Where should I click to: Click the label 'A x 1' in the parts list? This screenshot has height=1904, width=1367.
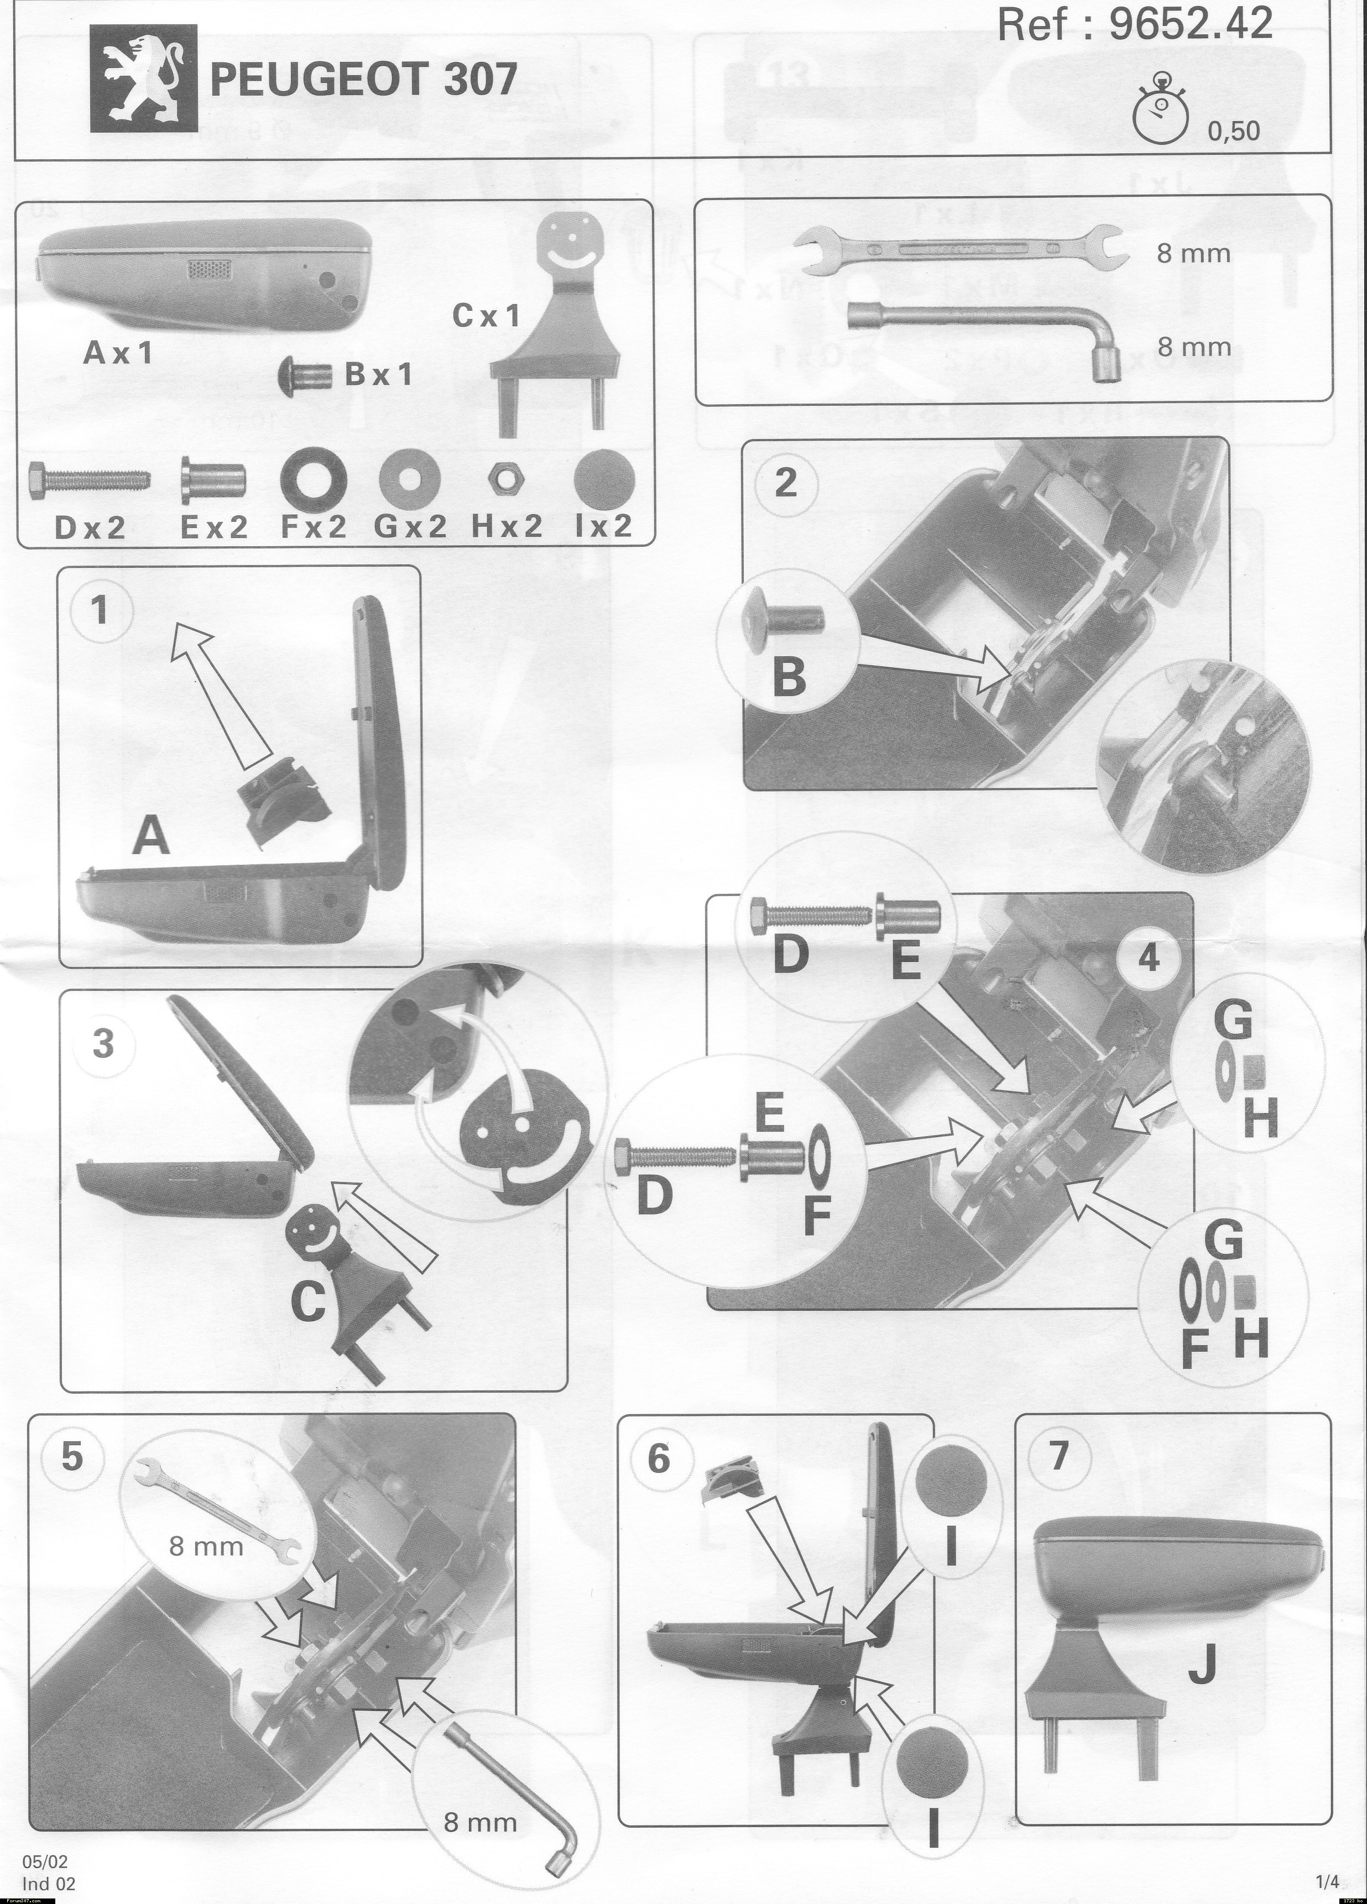[x=119, y=353]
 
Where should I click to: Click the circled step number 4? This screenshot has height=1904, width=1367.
[x=1149, y=958]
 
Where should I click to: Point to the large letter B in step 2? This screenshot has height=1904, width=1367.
[x=789, y=678]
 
